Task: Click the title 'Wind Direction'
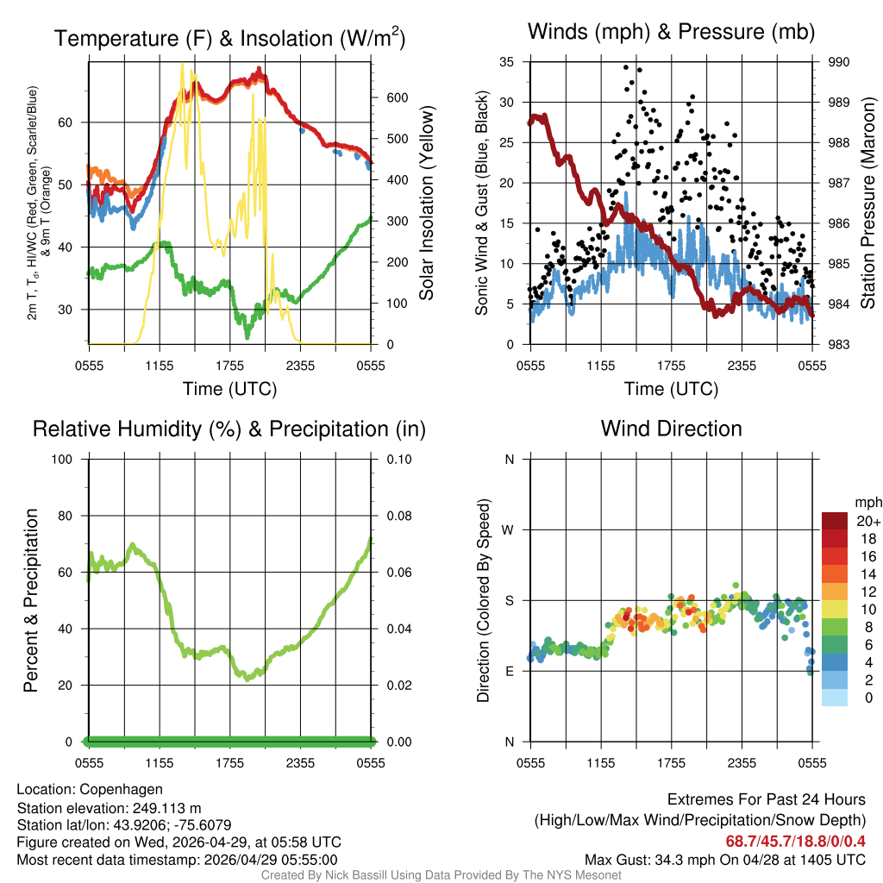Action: coord(671,429)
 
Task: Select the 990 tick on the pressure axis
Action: coord(838,62)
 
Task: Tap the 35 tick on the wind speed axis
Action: coord(507,62)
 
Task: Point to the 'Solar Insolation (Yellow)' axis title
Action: coord(427,204)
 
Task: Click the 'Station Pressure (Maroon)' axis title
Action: coord(868,204)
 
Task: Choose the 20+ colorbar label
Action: coord(867,522)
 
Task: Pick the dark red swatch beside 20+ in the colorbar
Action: coord(835,521)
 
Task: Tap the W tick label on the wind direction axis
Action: coord(509,529)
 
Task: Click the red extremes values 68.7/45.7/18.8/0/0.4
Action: coord(795,841)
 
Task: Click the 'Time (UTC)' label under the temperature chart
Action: coord(229,389)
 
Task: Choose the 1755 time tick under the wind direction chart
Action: coord(671,763)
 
